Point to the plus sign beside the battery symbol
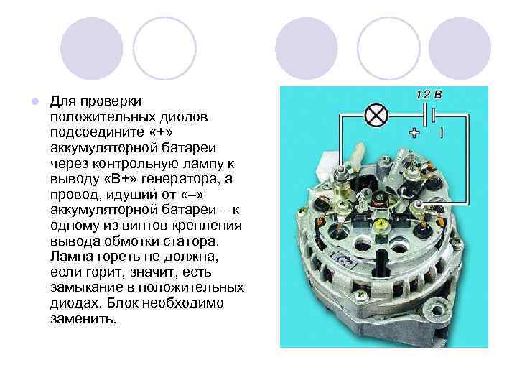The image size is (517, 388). tap(415, 132)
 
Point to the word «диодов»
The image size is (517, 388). tap(174, 115)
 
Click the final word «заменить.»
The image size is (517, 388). tap(83, 319)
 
